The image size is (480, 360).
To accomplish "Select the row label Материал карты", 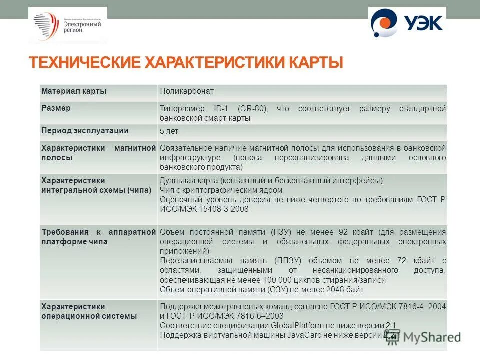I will point(74,91).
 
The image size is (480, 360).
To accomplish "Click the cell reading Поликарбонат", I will point(187,91).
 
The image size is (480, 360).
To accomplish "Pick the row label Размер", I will point(56,108).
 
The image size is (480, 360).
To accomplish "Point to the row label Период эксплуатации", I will point(85,131).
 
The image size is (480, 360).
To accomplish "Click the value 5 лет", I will point(169,131).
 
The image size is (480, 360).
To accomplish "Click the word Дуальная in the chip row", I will point(175,180).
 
